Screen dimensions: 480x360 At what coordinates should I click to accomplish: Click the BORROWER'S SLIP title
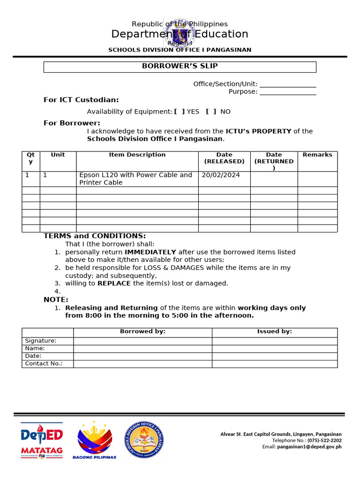[x=180, y=66]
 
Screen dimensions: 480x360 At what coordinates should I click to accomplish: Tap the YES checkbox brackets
[x=179, y=112]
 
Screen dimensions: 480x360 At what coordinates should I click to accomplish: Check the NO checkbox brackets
[x=211, y=112]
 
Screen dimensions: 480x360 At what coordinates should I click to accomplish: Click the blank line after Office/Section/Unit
[x=287, y=85]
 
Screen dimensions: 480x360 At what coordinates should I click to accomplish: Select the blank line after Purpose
[x=287, y=92]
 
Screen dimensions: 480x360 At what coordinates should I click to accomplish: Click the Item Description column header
[x=137, y=155]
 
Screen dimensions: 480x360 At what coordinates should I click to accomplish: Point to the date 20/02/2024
[x=221, y=175]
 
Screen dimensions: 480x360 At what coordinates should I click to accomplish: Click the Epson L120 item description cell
[x=136, y=179]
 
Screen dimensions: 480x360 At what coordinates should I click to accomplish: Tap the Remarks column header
[x=317, y=155]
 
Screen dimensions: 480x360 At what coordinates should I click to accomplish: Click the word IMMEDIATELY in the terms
[x=150, y=252]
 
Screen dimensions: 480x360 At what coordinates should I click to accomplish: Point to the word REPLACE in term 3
[x=114, y=283]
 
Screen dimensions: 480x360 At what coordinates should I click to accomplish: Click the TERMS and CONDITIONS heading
[x=95, y=236]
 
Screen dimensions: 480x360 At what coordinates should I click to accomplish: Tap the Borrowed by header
[x=142, y=331]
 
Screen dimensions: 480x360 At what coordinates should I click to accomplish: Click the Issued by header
[x=274, y=331]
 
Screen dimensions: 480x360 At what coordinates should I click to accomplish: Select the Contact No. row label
[x=44, y=363]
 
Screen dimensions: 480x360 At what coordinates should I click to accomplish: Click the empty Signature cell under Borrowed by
[x=142, y=341]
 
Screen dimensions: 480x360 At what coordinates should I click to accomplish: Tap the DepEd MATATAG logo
[x=42, y=440]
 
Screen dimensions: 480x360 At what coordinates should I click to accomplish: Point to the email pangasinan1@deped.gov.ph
[x=309, y=447]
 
